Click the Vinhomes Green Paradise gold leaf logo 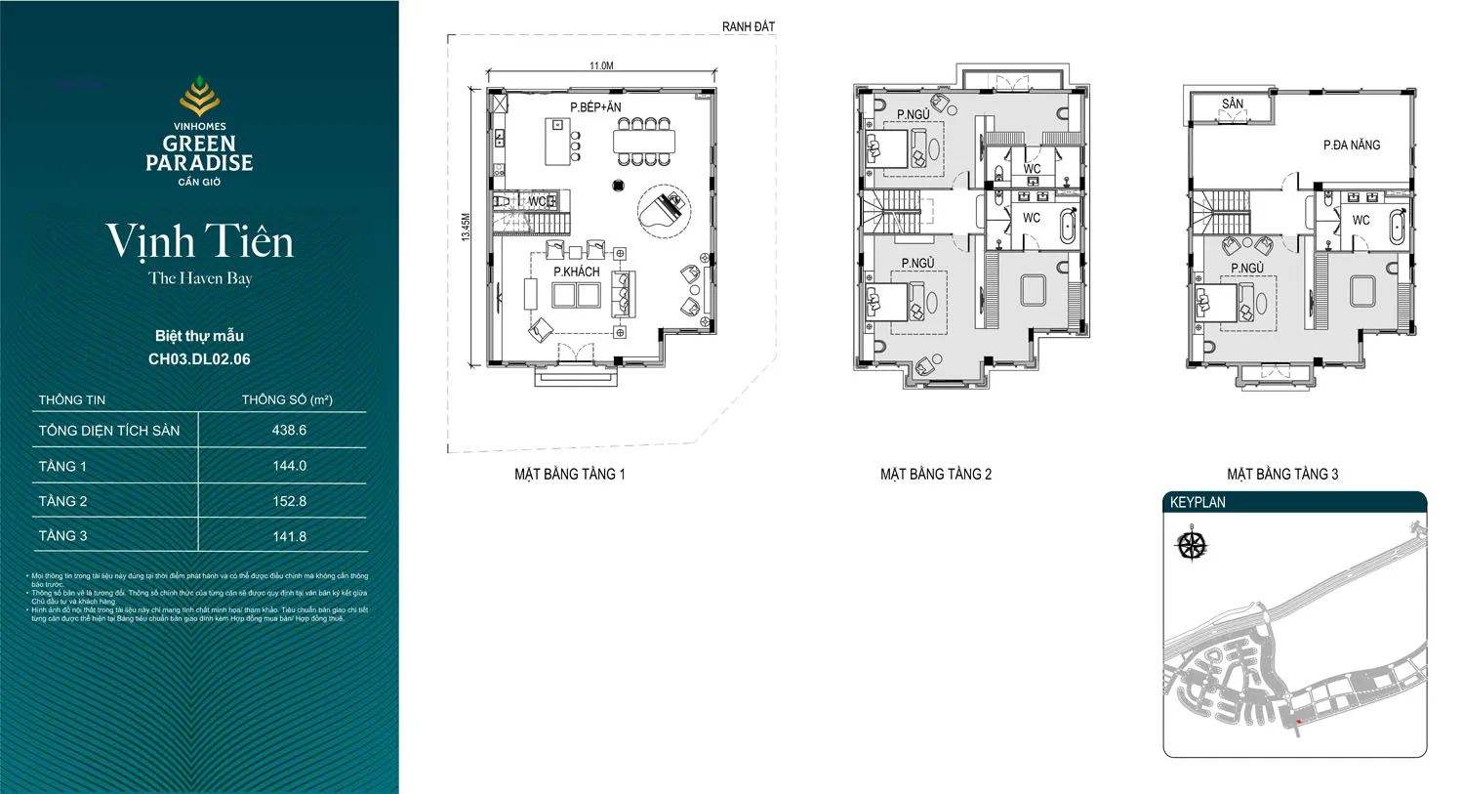[199, 98]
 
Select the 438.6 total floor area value [289, 430]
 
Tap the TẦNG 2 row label [62, 501]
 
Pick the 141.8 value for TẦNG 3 [289, 536]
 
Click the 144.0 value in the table [289, 466]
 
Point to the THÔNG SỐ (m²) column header [287, 399]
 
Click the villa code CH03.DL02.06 [199, 358]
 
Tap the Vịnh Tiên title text [199, 241]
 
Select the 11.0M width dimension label [601, 65]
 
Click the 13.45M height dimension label [467, 228]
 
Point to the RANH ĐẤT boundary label [748, 26]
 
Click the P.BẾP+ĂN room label [595, 107]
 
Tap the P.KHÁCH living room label [576, 272]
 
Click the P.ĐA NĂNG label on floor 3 [1352, 145]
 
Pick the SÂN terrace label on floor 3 [1233, 104]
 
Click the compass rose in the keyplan [1192, 544]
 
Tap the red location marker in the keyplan [1299, 722]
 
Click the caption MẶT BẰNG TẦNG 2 [935, 474]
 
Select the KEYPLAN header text [1198, 502]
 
